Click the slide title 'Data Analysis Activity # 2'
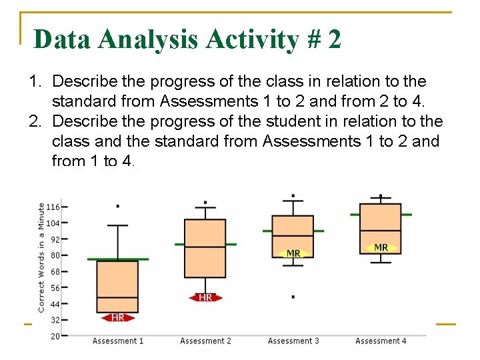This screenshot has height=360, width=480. [187, 39]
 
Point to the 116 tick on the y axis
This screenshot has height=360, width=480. [53, 207]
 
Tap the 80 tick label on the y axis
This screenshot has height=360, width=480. [55, 255]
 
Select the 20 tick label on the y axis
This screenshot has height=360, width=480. [55, 336]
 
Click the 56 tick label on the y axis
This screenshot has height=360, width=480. [55, 288]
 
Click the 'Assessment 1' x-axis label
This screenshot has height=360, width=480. [118, 341]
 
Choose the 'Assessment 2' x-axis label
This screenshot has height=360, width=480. [205, 341]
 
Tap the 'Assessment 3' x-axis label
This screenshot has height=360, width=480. [293, 341]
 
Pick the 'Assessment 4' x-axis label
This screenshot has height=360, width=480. [381, 341]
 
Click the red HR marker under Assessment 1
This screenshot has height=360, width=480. [118, 317]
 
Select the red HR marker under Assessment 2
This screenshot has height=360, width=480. [205, 297]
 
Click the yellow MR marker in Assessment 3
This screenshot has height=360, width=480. [293, 253]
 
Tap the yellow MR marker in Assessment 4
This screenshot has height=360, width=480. [381, 247]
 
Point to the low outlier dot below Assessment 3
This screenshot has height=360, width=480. [293, 296]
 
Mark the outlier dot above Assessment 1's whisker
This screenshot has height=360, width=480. [118, 206]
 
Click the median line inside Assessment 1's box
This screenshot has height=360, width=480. [118, 297]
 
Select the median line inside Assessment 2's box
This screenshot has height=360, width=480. [205, 247]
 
